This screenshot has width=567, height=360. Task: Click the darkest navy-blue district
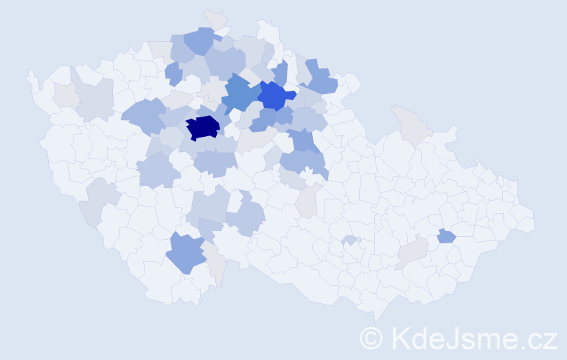202,127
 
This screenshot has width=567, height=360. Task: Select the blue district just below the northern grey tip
201,40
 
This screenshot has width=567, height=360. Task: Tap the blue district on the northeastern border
321,78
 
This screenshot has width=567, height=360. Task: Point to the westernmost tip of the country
30,74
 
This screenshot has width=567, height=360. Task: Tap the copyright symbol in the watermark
371,338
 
